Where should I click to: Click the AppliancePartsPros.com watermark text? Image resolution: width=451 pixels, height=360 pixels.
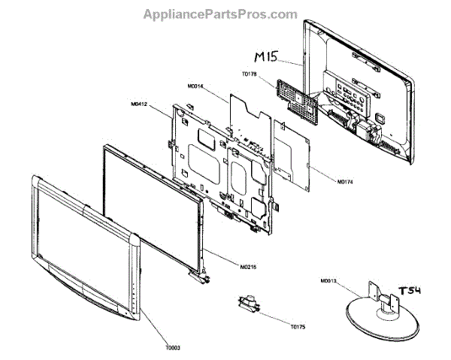point(225,14)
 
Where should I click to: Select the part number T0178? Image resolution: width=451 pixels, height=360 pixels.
point(250,74)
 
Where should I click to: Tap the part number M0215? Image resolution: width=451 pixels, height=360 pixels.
point(252,267)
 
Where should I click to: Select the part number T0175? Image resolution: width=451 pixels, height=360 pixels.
point(301,328)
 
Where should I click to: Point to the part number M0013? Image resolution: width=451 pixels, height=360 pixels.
point(328,283)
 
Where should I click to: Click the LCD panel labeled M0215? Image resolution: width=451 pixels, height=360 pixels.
point(150,203)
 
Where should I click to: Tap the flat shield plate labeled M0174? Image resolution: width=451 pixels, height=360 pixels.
point(293,162)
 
